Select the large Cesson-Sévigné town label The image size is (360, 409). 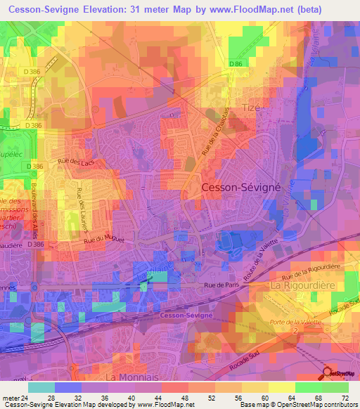(x=240, y=188)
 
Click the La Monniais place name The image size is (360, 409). (x=129, y=377)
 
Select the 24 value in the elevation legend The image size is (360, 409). (x=28, y=398)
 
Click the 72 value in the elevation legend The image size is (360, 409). (x=344, y=398)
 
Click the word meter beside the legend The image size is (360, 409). (x=11, y=398)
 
